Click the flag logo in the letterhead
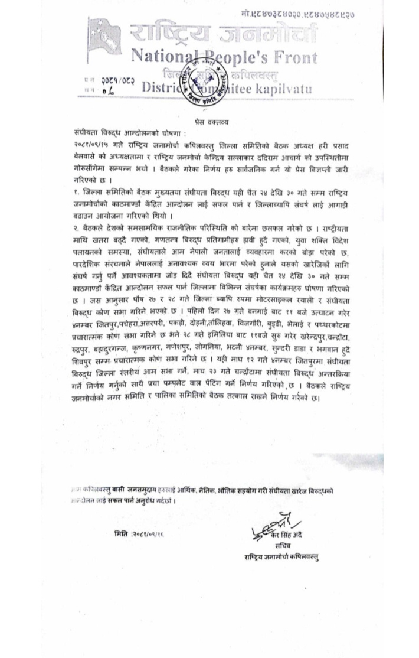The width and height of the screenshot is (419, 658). coord(106,35)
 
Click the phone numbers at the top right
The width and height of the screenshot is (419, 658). coord(307,12)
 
